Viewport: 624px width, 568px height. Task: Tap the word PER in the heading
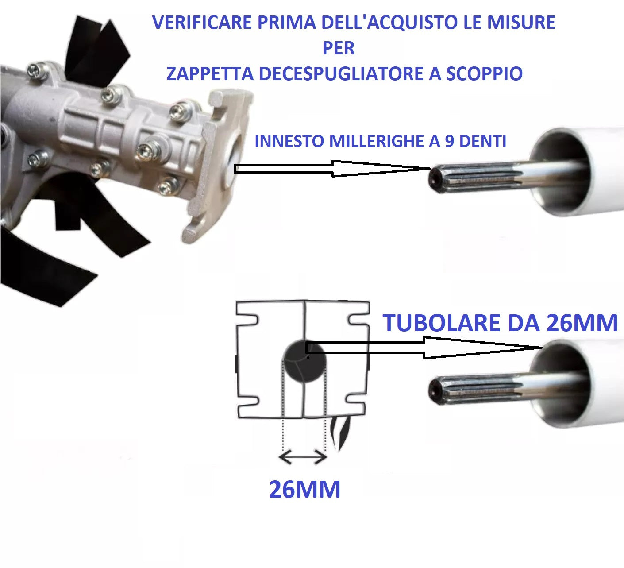click(x=339, y=48)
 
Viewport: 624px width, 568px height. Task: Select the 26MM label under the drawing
click(x=304, y=489)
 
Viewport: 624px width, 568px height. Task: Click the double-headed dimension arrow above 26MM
click(x=304, y=457)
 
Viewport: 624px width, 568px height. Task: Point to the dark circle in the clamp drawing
click(x=304, y=362)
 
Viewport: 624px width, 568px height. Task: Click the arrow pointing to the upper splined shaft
click(x=332, y=169)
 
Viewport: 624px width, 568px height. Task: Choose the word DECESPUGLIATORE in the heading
click(x=341, y=73)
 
